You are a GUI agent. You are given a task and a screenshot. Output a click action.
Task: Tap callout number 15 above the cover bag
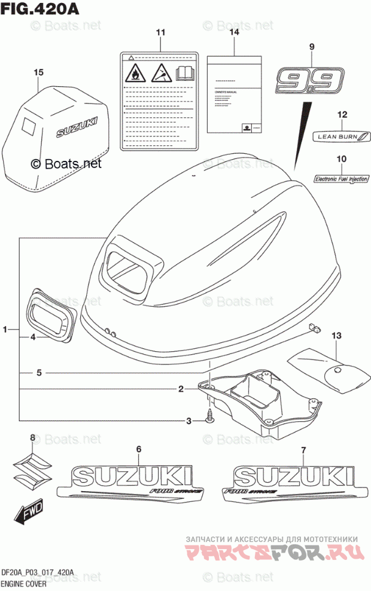pyautogui.click(x=38, y=72)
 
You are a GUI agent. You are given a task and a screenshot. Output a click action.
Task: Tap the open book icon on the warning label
pyautogui.click(x=185, y=74)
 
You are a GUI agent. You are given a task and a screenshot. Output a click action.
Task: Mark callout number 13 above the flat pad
pyautogui.click(x=336, y=336)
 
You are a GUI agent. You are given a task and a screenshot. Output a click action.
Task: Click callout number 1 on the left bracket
pyautogui.click(x=5, y=330)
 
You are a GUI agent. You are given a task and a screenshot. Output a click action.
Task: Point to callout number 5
pyautogui.click(x=38, y=373)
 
